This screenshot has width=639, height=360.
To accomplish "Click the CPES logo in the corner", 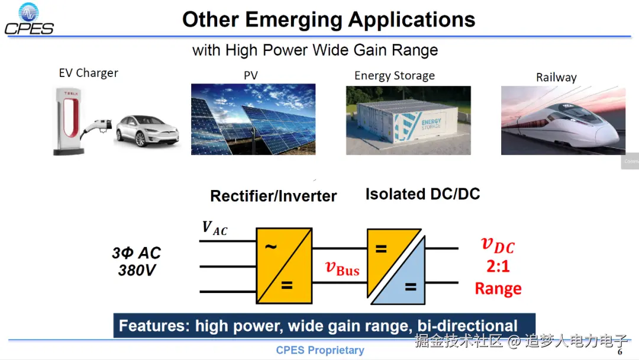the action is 29,19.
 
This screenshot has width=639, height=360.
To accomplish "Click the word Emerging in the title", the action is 293,20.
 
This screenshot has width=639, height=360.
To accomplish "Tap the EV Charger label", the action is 88,73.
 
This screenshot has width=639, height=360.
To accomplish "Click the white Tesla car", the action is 147,130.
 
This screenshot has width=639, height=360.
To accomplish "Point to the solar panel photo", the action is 253,119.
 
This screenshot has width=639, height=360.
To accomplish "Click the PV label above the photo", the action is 251,75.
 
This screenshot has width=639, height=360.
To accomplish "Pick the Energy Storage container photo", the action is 408,120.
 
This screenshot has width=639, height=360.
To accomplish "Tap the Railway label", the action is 556,78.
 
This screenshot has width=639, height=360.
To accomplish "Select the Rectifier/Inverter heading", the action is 273,196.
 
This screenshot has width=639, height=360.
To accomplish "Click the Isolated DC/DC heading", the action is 422,194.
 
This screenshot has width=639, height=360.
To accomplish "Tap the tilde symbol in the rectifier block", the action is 270,246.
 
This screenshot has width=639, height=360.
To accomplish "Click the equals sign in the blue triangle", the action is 411,287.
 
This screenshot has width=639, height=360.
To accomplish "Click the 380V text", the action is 137,271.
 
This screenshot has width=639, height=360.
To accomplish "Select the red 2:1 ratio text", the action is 498,266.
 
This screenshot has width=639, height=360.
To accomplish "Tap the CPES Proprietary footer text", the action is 320,350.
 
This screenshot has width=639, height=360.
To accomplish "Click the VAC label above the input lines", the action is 214,229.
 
